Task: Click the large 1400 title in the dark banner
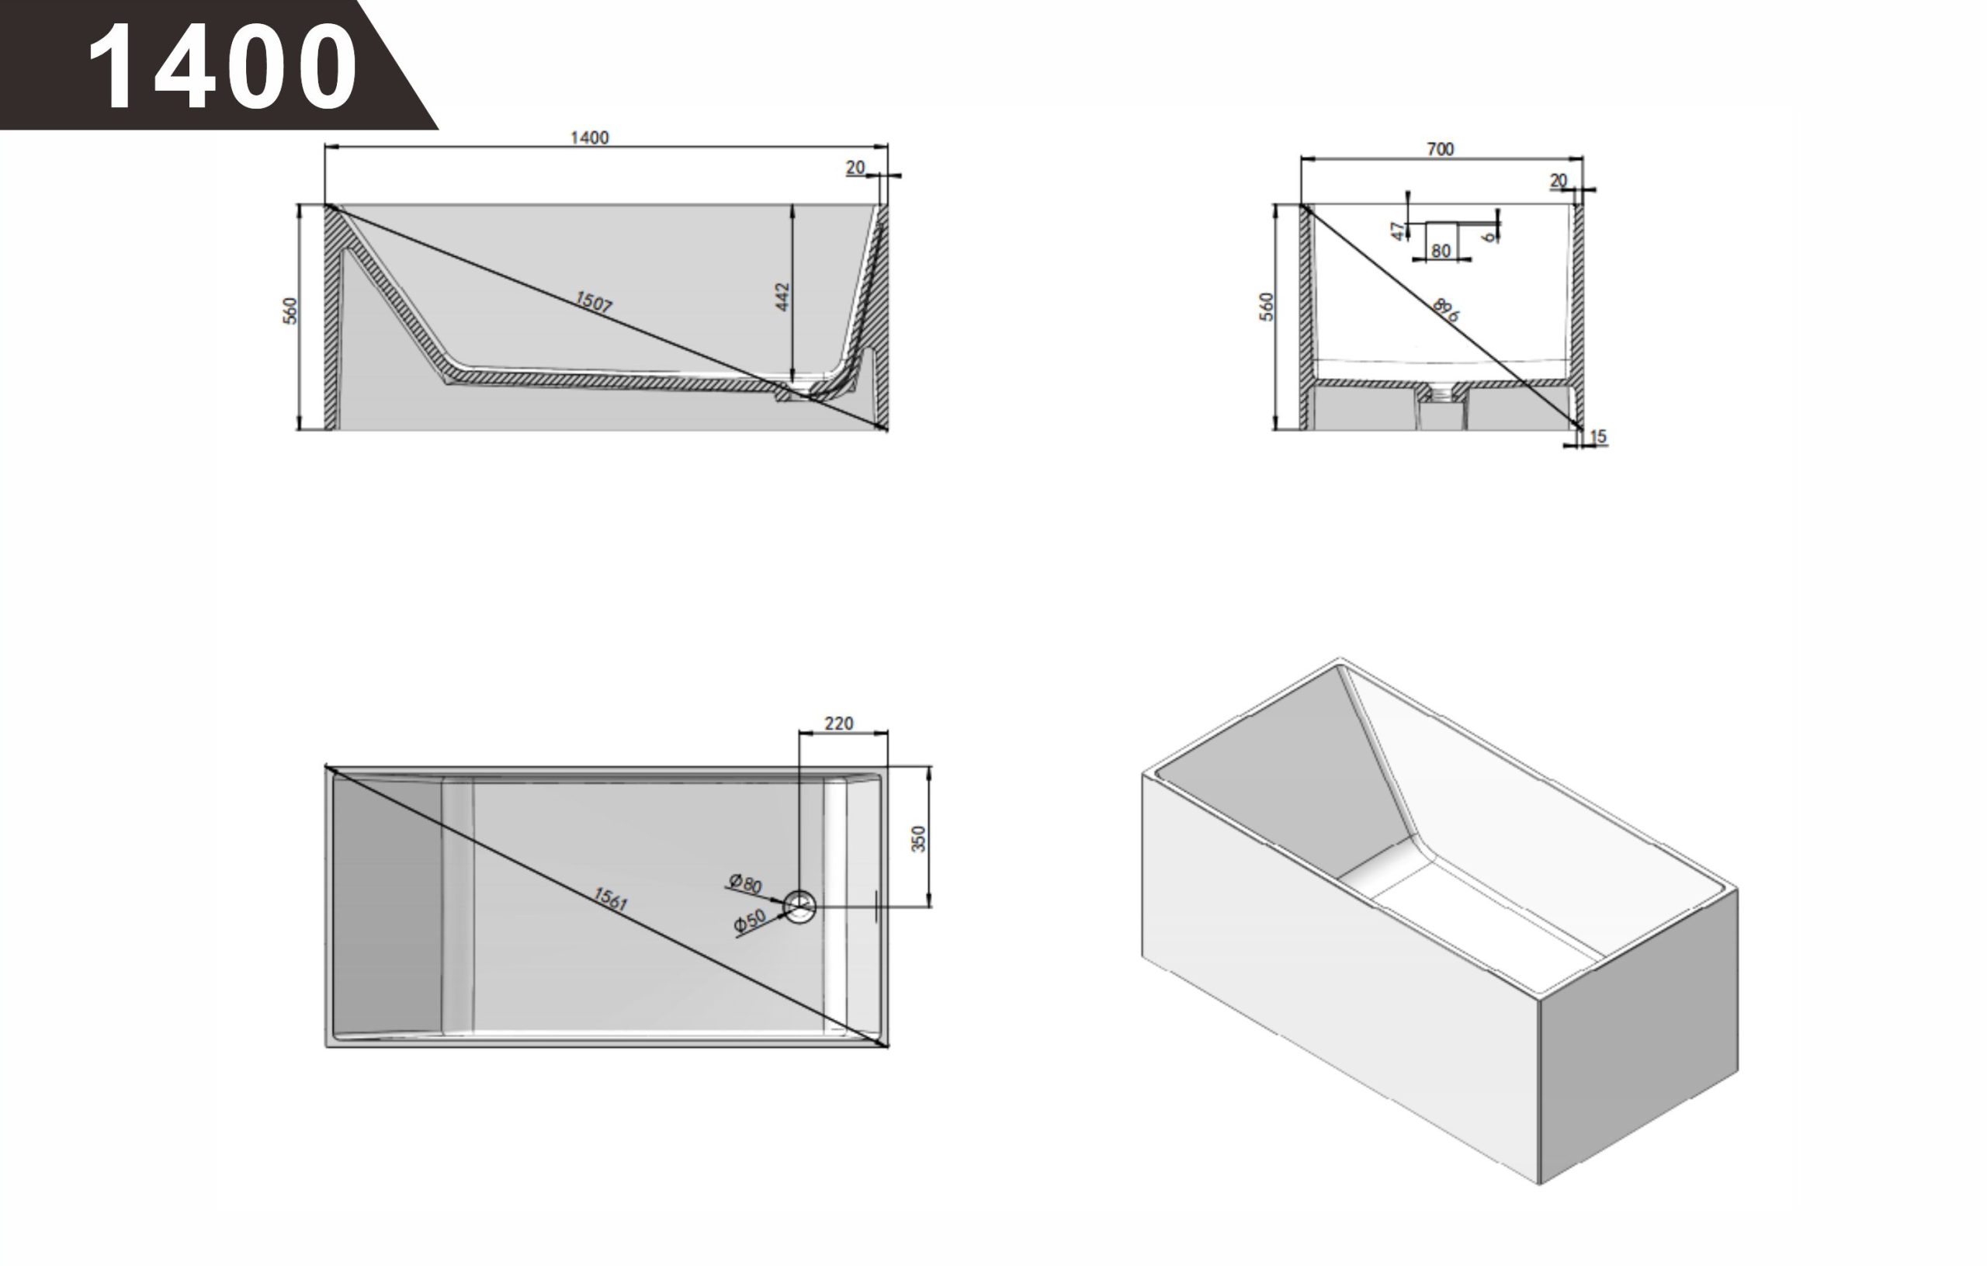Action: click(222, 66)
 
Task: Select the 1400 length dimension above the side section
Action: click(589, 138)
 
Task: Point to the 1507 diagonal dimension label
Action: click(594, 302)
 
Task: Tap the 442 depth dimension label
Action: click(782, 297)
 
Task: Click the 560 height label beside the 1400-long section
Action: click(290, 310)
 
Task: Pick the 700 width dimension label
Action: click(1440, 149)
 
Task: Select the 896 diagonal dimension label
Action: click(1446, 310)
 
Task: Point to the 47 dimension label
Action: click(1398, 231)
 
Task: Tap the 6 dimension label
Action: click(1489, 237)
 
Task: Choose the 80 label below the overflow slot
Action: click(1441, 251)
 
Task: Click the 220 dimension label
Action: click(838, 723)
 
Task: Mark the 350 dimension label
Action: click(918, 838)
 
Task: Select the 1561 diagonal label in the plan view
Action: click(611, 899)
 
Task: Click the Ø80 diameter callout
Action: click(745, 884)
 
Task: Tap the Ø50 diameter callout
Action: click(750, 921)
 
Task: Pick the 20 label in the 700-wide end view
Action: click(1558, 180)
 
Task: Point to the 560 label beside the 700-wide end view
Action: click(1267, 307)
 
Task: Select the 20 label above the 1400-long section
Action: click(855, 168)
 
